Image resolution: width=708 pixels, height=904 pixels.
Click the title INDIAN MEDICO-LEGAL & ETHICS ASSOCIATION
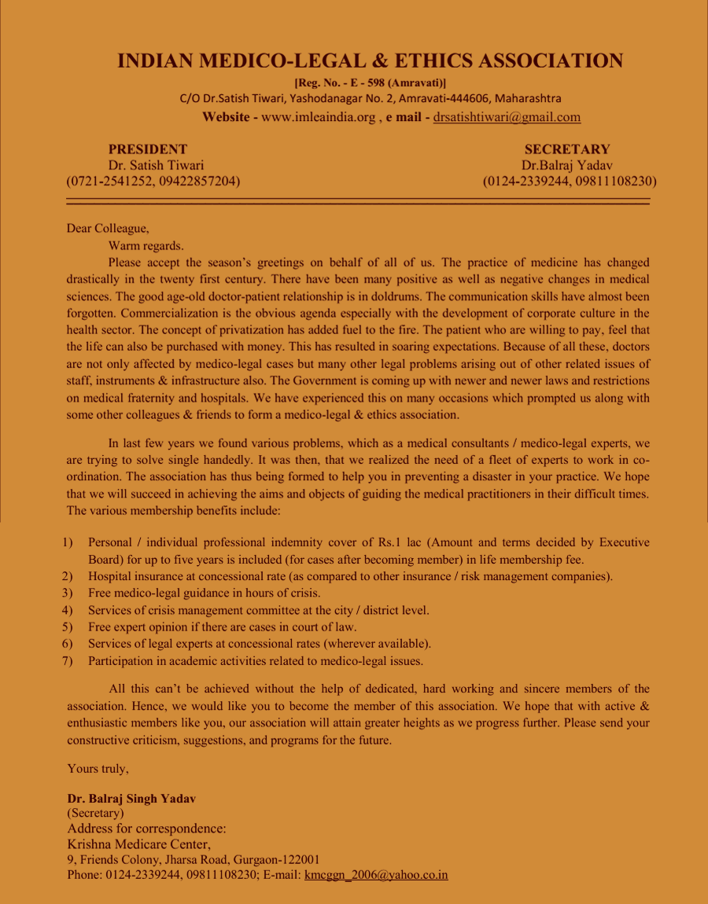[370, 61]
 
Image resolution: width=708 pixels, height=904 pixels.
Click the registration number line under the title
[370, 83]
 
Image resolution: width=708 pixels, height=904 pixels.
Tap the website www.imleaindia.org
[318, 117]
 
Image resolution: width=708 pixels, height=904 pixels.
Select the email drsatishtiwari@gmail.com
[507, 117]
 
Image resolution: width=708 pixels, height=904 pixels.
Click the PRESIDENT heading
[148, 149]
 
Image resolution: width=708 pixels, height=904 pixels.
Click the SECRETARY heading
[567, 149]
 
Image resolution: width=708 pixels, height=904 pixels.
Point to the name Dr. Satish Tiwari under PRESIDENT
[156, 165]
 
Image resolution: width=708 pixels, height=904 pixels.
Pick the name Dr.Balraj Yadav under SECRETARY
[567, 165]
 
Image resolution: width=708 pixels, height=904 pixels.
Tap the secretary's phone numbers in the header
[570, 182]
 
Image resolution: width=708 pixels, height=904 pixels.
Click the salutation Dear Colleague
[108, 229]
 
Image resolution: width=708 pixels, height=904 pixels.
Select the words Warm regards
[146, 245]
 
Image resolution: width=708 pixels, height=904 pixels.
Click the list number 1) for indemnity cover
[68, 543]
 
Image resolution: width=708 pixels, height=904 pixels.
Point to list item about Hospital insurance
[350, 576]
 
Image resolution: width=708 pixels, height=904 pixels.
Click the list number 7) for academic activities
[68, 661]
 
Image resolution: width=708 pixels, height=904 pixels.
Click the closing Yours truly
[98, 769]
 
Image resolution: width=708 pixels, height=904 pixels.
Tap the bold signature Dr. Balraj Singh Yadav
[131, 798]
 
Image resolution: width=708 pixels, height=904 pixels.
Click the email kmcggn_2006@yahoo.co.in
[376, 875]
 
